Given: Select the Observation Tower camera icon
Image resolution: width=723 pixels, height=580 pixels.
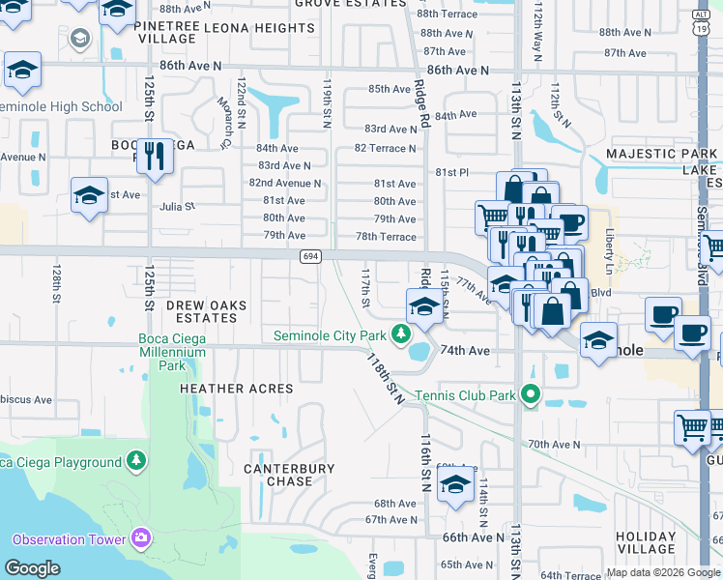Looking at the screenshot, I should tap(141, 537).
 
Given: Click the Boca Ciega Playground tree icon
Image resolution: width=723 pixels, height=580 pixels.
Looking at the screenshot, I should tap(137, 461).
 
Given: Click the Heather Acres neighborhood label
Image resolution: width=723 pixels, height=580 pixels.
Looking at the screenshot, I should tap(236, 389).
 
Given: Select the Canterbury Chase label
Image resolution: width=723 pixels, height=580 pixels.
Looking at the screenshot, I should tap(289, 475).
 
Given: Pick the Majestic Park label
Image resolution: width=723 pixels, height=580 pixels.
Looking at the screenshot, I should tap(661, 155).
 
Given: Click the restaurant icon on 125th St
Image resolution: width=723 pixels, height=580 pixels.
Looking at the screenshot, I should tap(155, 155).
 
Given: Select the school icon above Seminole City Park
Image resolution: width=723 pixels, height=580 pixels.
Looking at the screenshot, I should tap(422, 308).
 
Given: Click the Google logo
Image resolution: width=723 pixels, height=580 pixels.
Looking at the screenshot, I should tap(32, 569).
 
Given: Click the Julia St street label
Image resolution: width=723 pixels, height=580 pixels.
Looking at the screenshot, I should tap(177, 206).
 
